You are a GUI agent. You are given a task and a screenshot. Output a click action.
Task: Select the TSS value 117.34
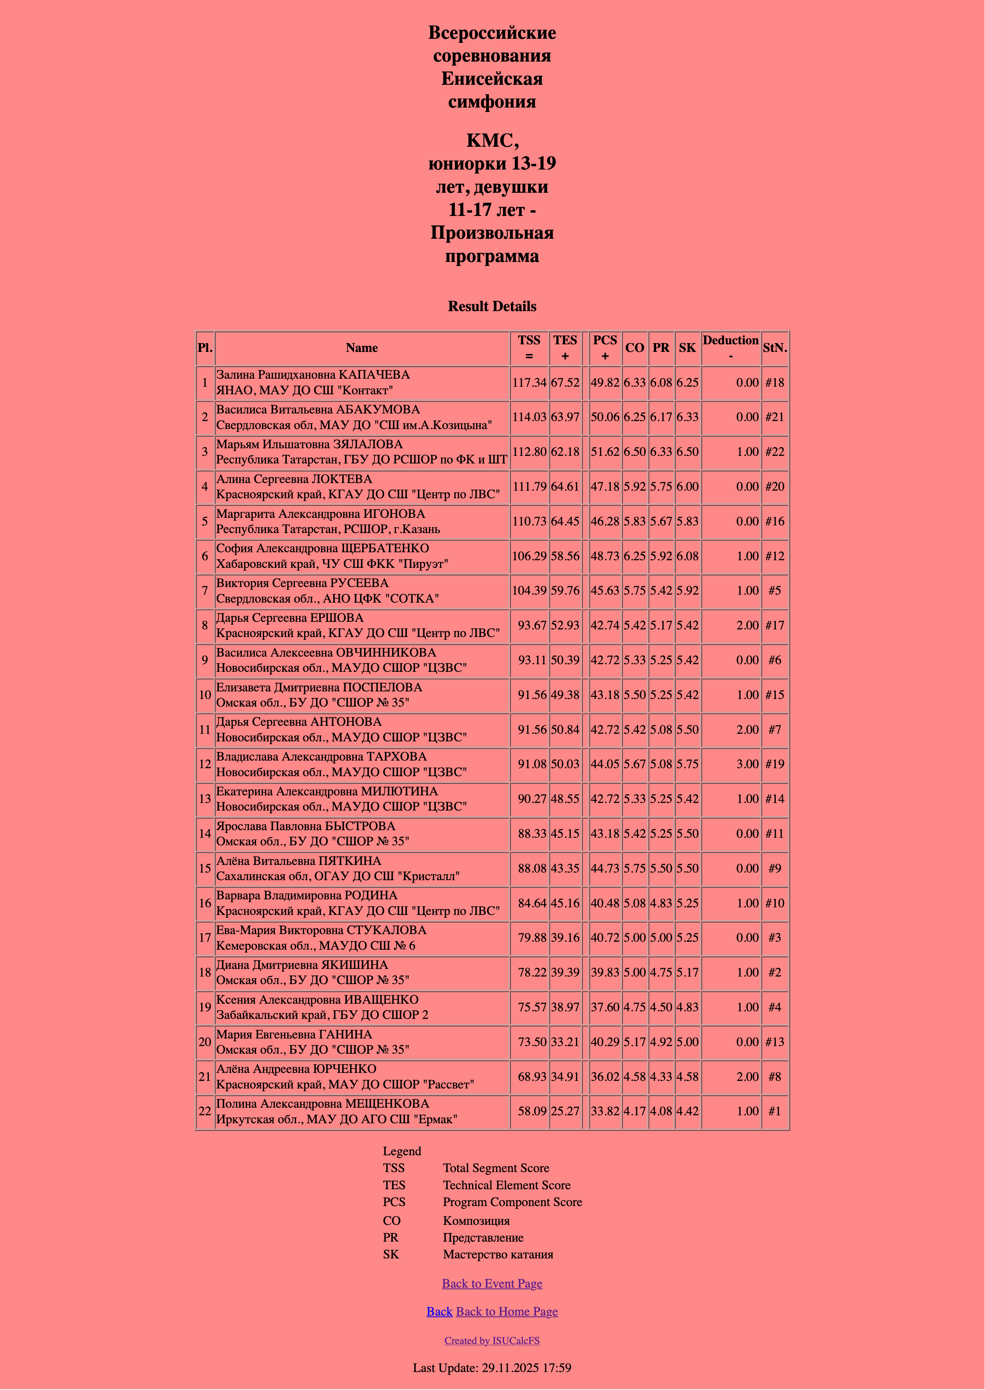point(529,383)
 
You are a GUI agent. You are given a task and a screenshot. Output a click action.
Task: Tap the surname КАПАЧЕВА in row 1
point(374,375)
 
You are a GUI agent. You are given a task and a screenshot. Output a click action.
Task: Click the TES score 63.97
point(565,417)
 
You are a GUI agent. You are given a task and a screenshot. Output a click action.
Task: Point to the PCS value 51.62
point(605,451)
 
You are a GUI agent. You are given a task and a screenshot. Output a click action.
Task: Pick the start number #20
point(775,486)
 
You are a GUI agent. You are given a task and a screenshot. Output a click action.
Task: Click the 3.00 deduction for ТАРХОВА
point(747,764)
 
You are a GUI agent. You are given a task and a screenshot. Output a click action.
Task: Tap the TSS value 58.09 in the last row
point(532,1111)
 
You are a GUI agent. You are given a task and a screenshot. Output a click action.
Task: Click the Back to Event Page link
point(492,1283)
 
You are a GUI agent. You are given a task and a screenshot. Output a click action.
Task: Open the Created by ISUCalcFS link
point(492,1340)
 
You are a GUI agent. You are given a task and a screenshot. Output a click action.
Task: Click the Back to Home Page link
point(507,1311)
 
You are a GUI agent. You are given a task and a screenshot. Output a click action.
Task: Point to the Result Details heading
point(492,306)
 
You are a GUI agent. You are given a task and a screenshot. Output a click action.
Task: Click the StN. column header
point(775,348)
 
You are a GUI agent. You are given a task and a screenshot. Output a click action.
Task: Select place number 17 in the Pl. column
point(205,937)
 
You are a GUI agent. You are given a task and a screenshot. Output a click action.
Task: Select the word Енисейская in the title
point(492,79)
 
